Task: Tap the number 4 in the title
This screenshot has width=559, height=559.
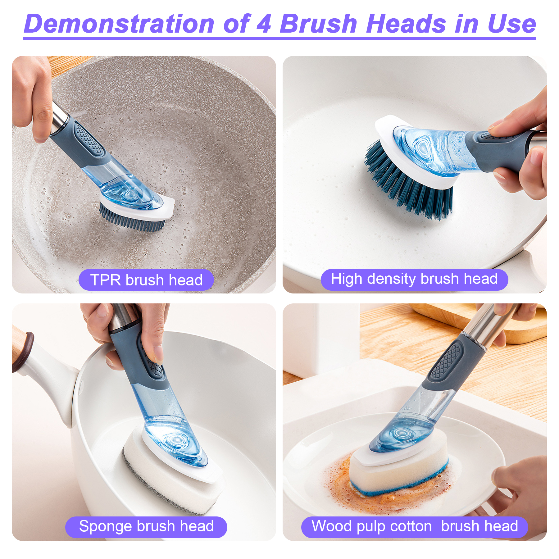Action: (x=264, y=24)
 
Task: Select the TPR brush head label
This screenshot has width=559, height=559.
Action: (x=146, y=280)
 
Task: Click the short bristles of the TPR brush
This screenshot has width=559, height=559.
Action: (x=130, y=217)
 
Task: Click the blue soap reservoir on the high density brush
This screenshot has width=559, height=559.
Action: (x=435, y=151)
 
